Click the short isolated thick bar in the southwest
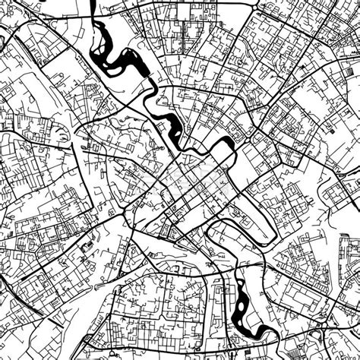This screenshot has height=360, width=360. [x=84, y=247]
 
